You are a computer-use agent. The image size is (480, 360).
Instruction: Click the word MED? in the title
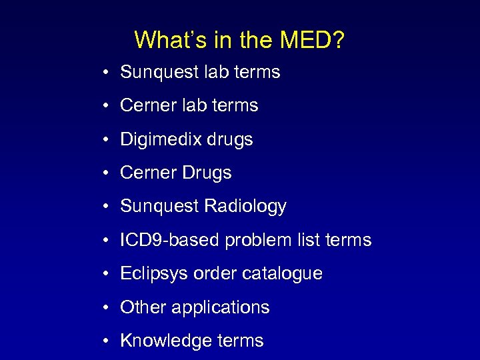tap(312, 40)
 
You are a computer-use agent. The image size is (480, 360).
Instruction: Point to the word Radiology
tap(245, 207)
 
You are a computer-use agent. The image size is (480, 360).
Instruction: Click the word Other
tap(143, 307)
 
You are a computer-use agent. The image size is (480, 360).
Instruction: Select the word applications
tap(221, 307)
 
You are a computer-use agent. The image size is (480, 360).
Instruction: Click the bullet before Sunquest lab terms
tap(107, 73)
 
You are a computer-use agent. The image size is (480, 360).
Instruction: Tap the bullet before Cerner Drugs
tap(107, 173)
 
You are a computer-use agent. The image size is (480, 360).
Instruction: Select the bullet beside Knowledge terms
tap(107, 341)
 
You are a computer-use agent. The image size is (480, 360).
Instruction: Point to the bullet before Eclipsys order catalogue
tap(107, 274)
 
